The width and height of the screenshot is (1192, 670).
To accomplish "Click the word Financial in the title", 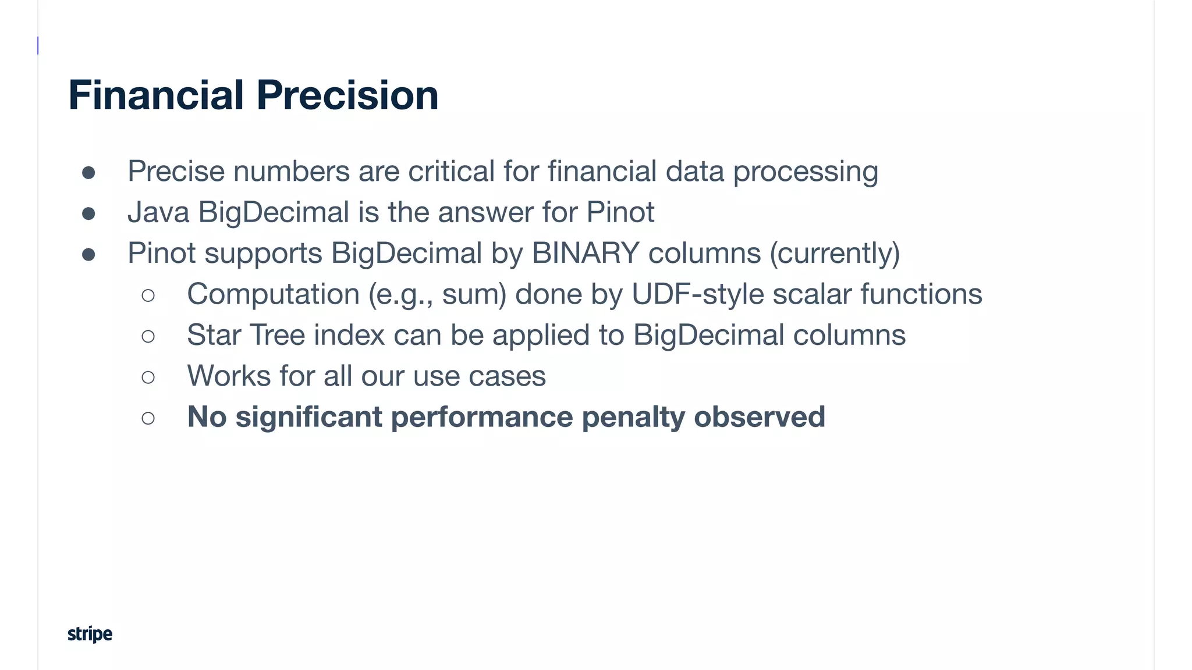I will point(156,95).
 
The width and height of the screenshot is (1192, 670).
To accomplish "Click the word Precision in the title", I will point(347,95).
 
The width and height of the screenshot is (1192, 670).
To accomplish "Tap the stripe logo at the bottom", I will point(90,633).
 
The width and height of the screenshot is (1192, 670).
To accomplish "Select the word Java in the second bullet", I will point(158,212).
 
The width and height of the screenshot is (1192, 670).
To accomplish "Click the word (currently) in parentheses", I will point(835,254).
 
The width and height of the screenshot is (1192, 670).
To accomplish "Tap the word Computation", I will point(273,294).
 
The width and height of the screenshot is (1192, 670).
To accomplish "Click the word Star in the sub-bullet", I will point(214,335).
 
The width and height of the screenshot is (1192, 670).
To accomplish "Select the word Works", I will point(228,376).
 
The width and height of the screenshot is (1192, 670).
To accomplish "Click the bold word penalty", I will point(633,417).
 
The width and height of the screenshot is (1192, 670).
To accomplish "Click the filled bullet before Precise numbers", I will point(88,173).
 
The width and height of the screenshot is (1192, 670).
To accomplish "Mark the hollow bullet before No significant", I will point(148,418).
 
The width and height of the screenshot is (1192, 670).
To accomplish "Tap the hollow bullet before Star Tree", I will point(148,336).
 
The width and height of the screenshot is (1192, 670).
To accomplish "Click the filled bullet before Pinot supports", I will point(88,254).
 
